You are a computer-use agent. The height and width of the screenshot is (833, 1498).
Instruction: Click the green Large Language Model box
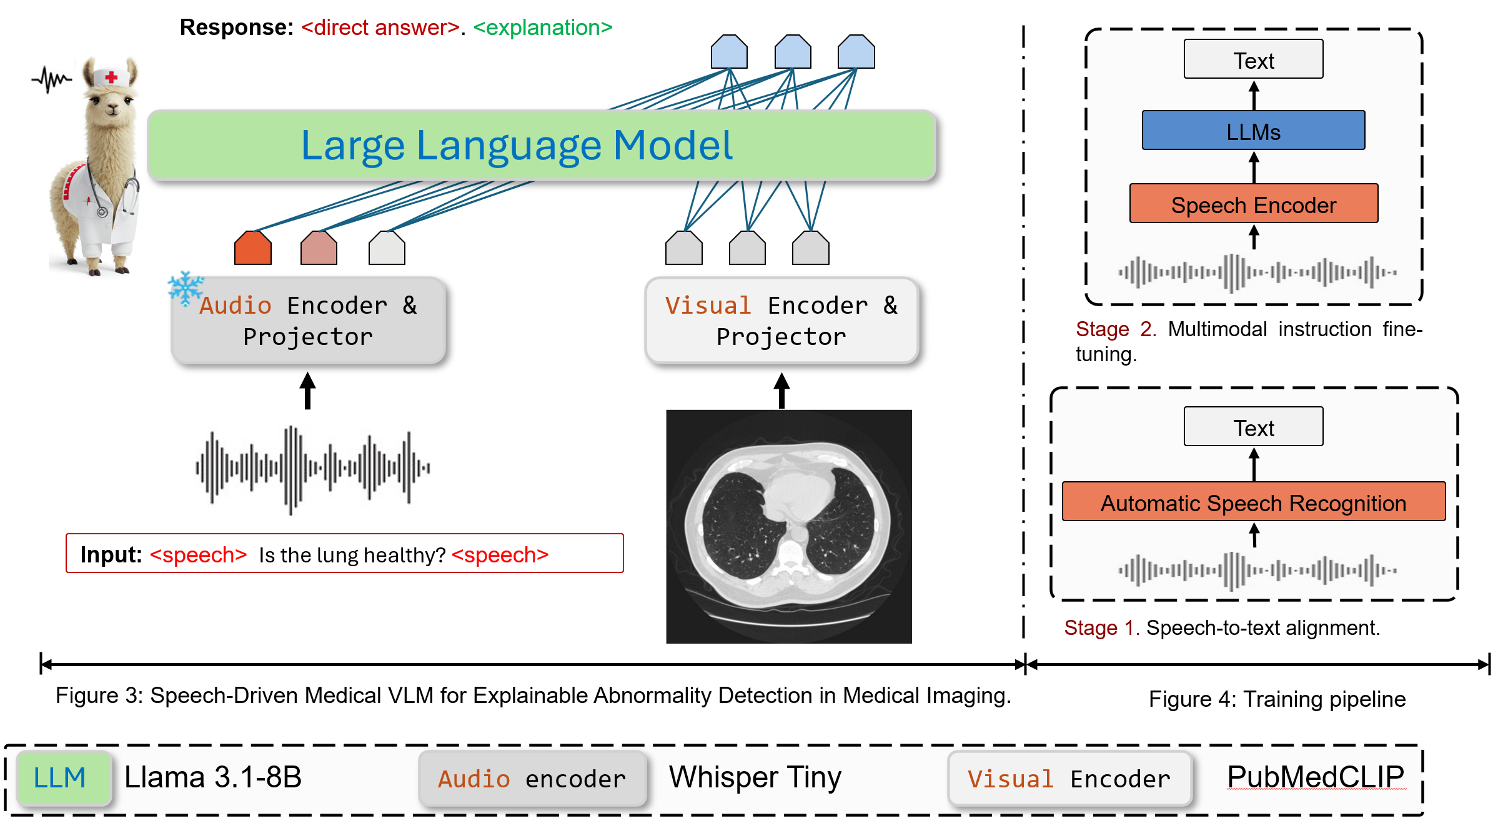point(541,146)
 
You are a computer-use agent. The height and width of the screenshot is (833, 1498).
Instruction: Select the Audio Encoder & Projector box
point(308,321)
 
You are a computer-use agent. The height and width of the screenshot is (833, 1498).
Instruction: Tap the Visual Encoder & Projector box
point(781,321)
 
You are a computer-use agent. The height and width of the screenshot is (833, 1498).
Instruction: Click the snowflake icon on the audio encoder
point(186,288)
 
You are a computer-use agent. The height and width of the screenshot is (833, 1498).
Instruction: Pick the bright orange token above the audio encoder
point(253,248)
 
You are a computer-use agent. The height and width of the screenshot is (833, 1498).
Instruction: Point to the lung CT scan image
point(789,526)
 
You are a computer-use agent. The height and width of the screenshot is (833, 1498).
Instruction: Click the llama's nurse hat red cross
point(111,77)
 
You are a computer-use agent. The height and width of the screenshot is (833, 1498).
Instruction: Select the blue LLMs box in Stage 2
point(1253,131)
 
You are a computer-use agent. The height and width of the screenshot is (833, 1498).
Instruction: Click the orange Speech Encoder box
point(1254,204)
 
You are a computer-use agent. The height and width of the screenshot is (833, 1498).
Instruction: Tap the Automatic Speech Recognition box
point(1254,502)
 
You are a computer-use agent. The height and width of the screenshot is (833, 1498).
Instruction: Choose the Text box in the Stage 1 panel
point(1253,427)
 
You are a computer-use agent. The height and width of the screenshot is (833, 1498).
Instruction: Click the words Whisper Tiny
point(755,778)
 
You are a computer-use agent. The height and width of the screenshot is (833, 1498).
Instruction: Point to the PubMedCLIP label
point(1316,777)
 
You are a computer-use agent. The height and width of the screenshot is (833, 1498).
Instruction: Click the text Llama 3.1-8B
point(213,777)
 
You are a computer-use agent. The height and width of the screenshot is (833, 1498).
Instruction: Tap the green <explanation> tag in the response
point(543,27)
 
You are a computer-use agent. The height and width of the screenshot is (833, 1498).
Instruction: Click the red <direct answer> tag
point(380,27)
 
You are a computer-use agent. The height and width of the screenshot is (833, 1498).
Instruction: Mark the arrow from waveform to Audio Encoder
point(307,391)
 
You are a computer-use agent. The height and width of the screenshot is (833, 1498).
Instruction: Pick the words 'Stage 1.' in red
point(1102,627)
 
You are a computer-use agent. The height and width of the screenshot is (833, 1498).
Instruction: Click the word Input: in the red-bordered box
point(111,554)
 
